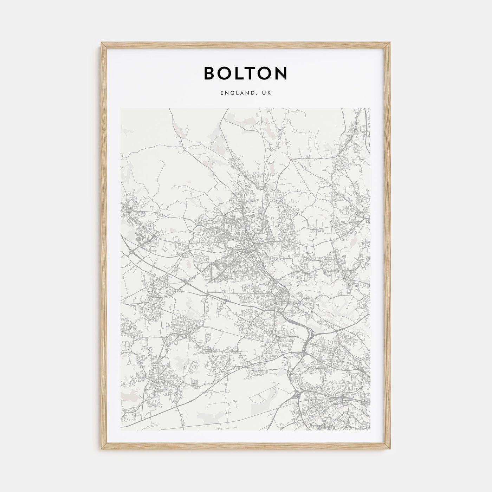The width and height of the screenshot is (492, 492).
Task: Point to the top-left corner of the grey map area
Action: point(121,109)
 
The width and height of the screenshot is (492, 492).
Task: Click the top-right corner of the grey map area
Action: point(370,109)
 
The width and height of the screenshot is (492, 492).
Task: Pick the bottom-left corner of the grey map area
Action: point(121,430)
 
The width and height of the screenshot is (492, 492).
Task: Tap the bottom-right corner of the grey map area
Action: point(370,430)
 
